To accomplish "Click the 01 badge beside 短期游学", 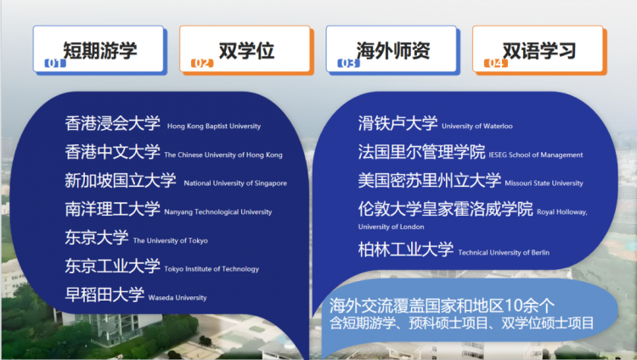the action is click(55, 63).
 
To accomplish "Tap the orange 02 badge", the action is click(202, 63).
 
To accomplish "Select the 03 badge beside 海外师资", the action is click(348, 63).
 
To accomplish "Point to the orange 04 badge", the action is click(495, 63).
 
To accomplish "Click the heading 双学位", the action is click(246, 51).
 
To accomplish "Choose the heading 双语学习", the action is click(539, 51).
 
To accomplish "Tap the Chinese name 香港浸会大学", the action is click(112, 123).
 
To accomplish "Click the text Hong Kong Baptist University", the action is click(214, 127).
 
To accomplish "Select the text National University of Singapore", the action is click(235, 183).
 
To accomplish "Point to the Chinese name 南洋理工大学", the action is click(112, 209).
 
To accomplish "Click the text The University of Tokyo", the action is click(170, 240).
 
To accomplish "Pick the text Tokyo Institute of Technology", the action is click(211, 269).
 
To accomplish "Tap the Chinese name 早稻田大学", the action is click(104, 295).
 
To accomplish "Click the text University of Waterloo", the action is click(477, 127).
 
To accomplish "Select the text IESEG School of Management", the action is click(535, 155).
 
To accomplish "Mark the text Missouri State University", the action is click(544, 183).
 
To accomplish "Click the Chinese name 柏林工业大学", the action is click(405, 250).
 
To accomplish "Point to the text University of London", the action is click(391, 227).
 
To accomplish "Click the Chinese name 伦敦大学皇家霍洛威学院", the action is click(445, 209).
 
